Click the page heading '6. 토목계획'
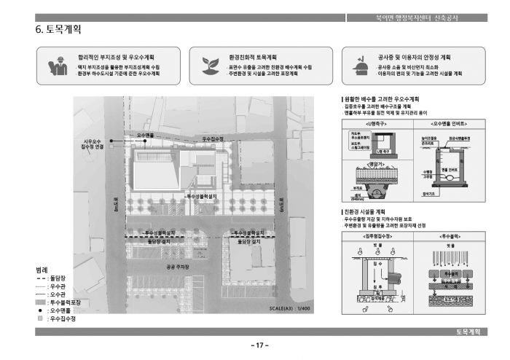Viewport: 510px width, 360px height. tap(58, 30)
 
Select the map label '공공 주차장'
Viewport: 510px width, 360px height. tap(178, 267)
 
